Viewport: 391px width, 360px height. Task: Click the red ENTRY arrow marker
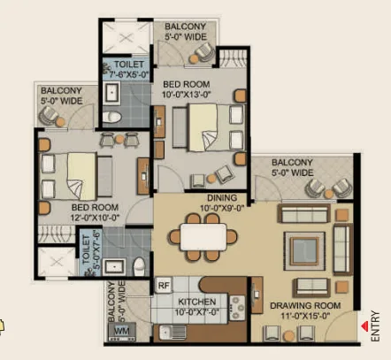pos(365,326)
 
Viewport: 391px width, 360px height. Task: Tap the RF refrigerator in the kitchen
pos(164,285)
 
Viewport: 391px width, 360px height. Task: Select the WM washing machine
pos(122,331)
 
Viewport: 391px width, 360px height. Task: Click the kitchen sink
pos(172,333)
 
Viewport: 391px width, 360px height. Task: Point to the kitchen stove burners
pos(237,308)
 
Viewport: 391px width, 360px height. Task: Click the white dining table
pos(203,237)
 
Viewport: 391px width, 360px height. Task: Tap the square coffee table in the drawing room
pos(304,250)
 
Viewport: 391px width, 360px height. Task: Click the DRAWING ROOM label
pos(305,306)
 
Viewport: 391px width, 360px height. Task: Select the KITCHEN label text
pos(197,302)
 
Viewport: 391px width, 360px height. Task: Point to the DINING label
pos(222,197)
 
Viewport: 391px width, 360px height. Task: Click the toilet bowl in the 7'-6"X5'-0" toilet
pos(112,117)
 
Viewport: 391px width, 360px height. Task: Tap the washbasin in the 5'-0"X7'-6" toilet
pos(114,267)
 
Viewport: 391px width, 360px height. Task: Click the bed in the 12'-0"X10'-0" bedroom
pos(75,176)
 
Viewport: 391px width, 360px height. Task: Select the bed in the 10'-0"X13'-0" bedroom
pos(208,127)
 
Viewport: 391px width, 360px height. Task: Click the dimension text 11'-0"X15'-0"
pos(305,316)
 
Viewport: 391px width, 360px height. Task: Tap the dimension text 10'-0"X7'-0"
pos(197,312)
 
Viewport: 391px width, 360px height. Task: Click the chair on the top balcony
pos(204,52)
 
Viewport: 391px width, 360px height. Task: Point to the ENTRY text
pos(375,326)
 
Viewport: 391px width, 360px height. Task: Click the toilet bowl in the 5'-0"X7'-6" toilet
pos(139,266)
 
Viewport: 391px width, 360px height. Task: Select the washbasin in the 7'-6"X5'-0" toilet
pos(111,93)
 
